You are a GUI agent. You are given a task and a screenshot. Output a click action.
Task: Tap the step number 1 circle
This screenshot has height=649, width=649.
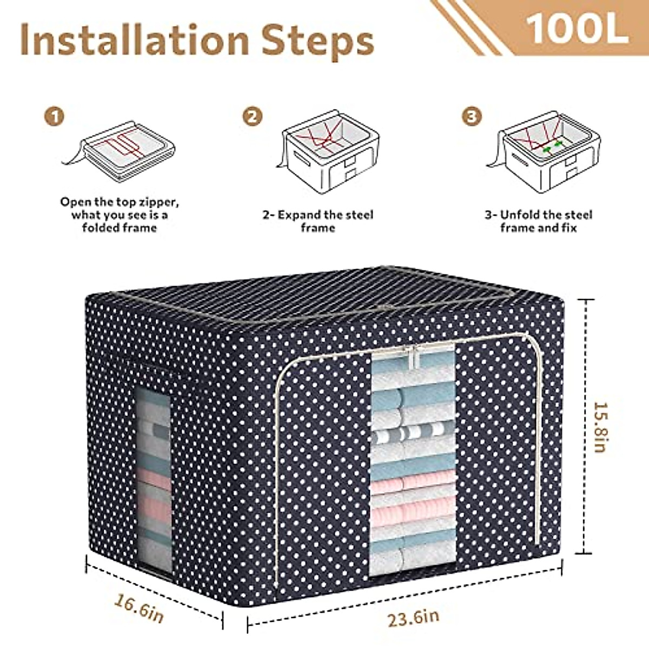click(x=55, y=116)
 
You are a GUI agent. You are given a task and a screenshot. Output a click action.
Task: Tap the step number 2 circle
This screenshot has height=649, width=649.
click(x=252, y=116)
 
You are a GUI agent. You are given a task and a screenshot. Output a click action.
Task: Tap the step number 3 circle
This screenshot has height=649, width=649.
click(x=472, y=116)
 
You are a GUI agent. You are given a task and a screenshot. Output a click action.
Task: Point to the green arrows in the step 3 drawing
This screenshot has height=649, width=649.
click(x=552, y=145)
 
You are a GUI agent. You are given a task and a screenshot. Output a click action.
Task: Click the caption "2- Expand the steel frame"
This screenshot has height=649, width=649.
click(x=318, y=221)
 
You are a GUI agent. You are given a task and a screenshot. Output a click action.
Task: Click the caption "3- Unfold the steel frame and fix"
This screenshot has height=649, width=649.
click(x=538, y=221)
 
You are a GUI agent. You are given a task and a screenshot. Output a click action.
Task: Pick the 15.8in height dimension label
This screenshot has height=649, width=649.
click(x=601, y=427)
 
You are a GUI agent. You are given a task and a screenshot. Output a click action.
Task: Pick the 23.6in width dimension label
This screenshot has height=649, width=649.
click(x=413, y=617)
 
